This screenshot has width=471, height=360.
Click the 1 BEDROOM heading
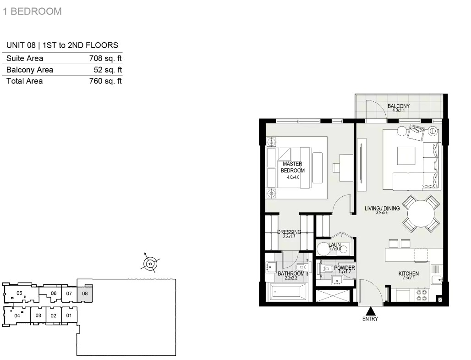(32, 11)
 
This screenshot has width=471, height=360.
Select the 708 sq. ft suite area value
(105, 58)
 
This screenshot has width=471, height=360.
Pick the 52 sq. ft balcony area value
(108, 70)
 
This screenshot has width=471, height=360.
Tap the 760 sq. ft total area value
(105, 81)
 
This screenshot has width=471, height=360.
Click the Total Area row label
(24, 81)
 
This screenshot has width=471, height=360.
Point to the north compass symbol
(150, 263)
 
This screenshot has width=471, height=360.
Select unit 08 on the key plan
(85, 294)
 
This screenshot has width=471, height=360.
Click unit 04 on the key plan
(17, 316)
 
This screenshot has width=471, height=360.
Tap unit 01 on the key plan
(69, 316)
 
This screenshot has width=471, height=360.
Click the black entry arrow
(371, 310)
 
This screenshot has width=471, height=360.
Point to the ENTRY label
(370, 319)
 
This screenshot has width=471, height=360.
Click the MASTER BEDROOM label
(293, 167)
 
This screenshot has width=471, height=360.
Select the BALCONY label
(399, 106)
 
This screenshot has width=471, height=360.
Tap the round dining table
(421, 214)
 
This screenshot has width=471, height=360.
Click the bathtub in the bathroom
(288, 291)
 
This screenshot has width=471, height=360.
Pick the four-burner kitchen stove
(421, 295)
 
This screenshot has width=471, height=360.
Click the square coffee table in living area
(406, 156)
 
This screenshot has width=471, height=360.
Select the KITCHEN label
(409, 273)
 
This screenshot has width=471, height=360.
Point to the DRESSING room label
(289, 232)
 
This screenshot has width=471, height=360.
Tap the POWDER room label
(345, 268)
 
